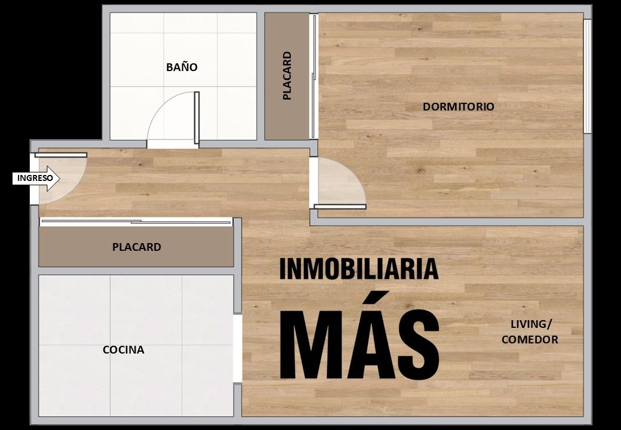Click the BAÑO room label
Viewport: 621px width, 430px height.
click(x=182, y=67)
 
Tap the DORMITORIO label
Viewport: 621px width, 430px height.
click(x=458, y=106)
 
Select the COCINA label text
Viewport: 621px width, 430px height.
click(x=123, y=349)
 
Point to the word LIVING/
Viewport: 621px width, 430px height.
click(x=531, y=324)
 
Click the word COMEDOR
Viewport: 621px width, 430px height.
click(x=530, y=339)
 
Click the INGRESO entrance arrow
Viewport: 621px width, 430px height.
click(x=36, y=178)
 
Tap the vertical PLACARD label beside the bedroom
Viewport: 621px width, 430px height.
click(x=287, y=76)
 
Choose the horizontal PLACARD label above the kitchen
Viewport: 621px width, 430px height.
click(x=137, y=247)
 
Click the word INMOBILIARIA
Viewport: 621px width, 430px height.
click(x=359, y=269)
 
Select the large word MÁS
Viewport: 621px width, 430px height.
click(x=359, y=336)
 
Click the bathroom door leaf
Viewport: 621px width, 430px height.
click(x=197, y=118)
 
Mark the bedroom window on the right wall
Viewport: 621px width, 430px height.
click(x=588, y=76)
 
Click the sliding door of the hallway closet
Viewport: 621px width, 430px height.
click(x=136, y=222)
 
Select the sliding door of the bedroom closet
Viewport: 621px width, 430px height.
click(x=313, y=76)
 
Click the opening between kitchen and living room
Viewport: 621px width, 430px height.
click(x=237, y=348)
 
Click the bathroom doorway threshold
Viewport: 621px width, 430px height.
click(x=173, y=144)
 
